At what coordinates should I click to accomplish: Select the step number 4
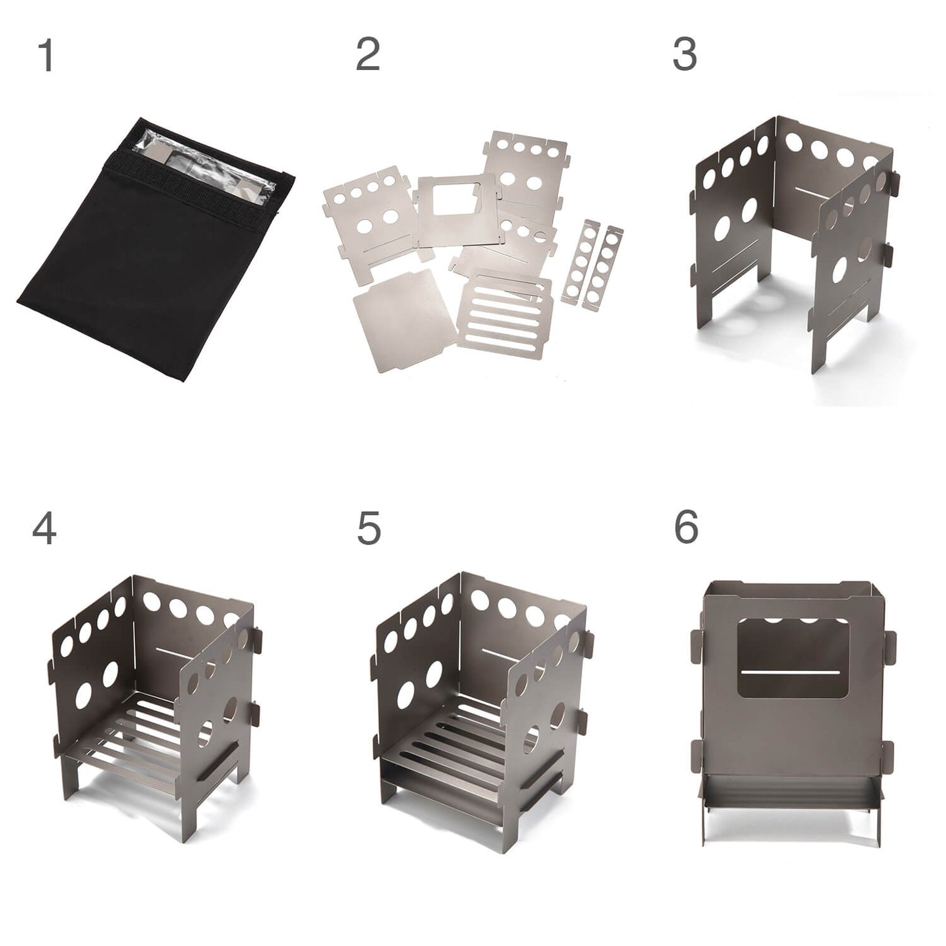44,528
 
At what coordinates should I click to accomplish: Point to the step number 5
369,528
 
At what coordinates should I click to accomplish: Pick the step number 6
685,528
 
